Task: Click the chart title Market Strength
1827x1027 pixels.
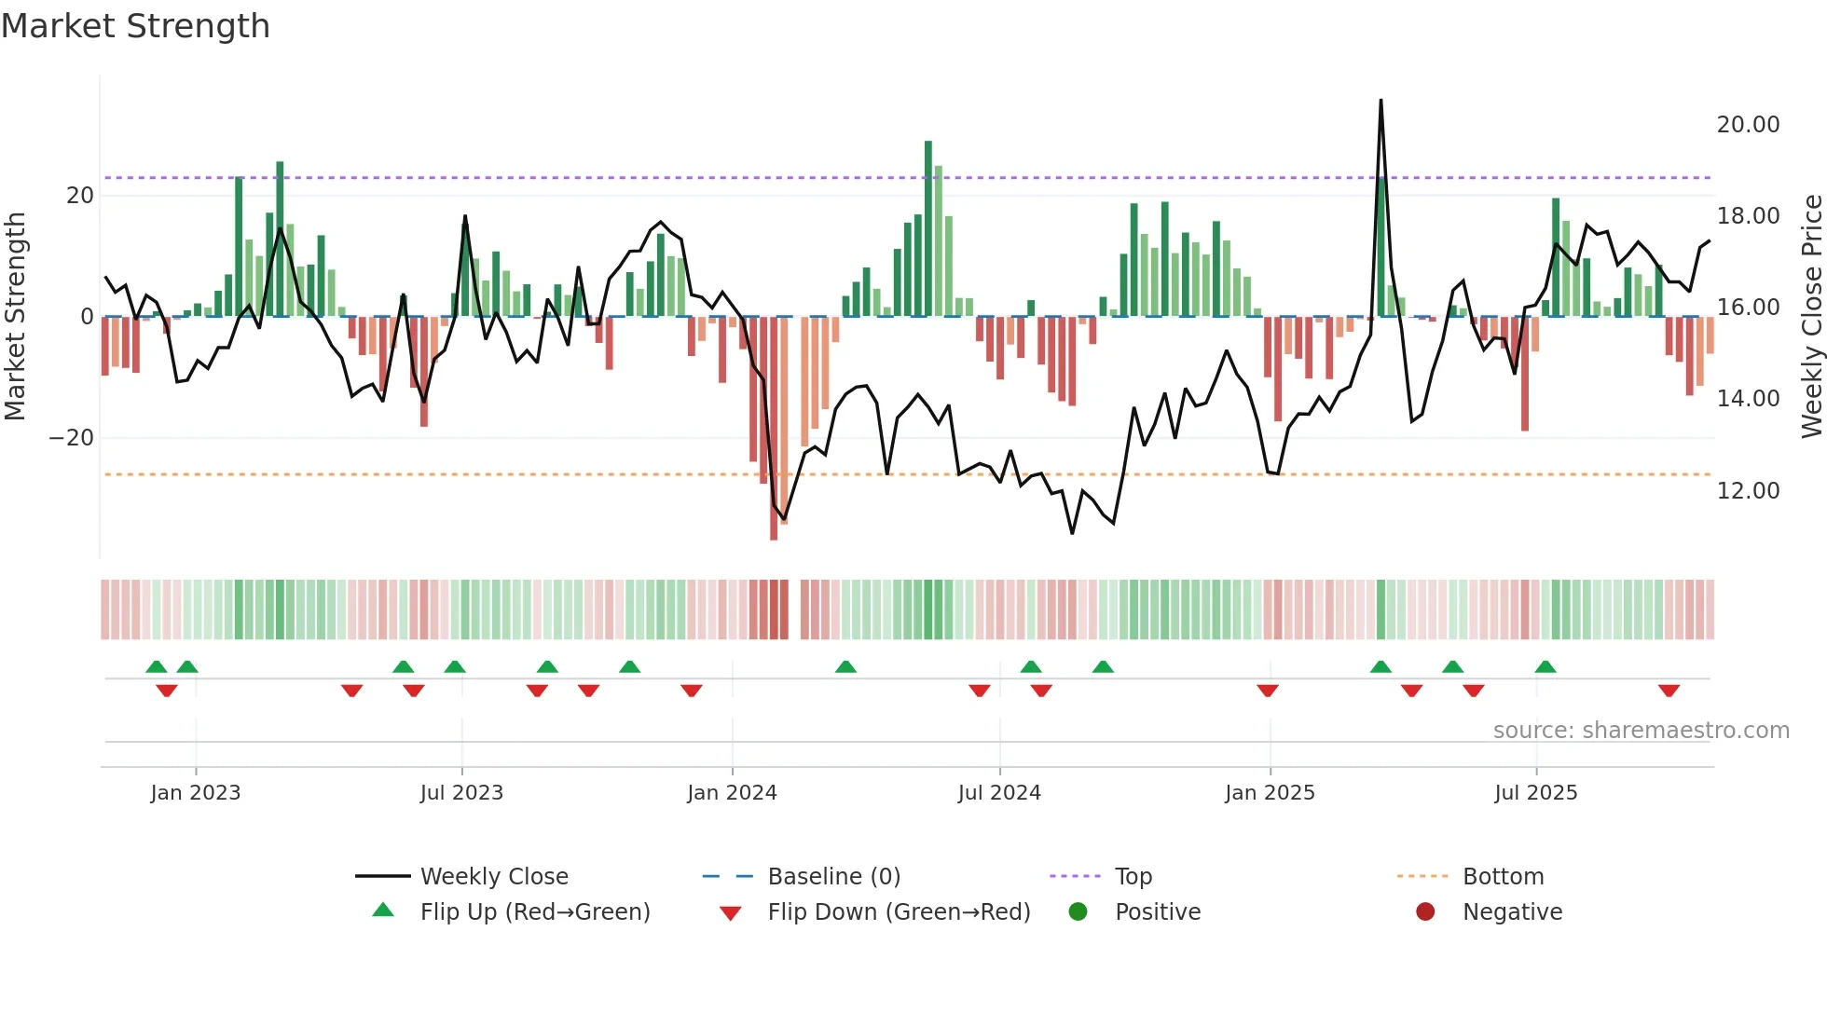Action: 135,26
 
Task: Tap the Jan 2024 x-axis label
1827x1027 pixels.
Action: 732,793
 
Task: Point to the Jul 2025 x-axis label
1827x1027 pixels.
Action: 1535,793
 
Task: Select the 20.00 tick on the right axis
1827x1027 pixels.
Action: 1748,125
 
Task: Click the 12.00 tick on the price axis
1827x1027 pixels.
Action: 1748,491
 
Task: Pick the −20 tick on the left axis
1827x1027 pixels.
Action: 72,438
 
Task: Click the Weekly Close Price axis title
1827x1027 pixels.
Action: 1811,317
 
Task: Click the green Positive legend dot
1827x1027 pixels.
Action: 1078,912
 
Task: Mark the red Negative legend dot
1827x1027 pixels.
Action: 1425,912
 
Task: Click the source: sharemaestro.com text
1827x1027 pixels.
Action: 1641,731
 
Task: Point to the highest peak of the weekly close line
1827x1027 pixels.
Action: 1381,101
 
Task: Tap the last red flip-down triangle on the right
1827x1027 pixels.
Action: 1669,691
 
